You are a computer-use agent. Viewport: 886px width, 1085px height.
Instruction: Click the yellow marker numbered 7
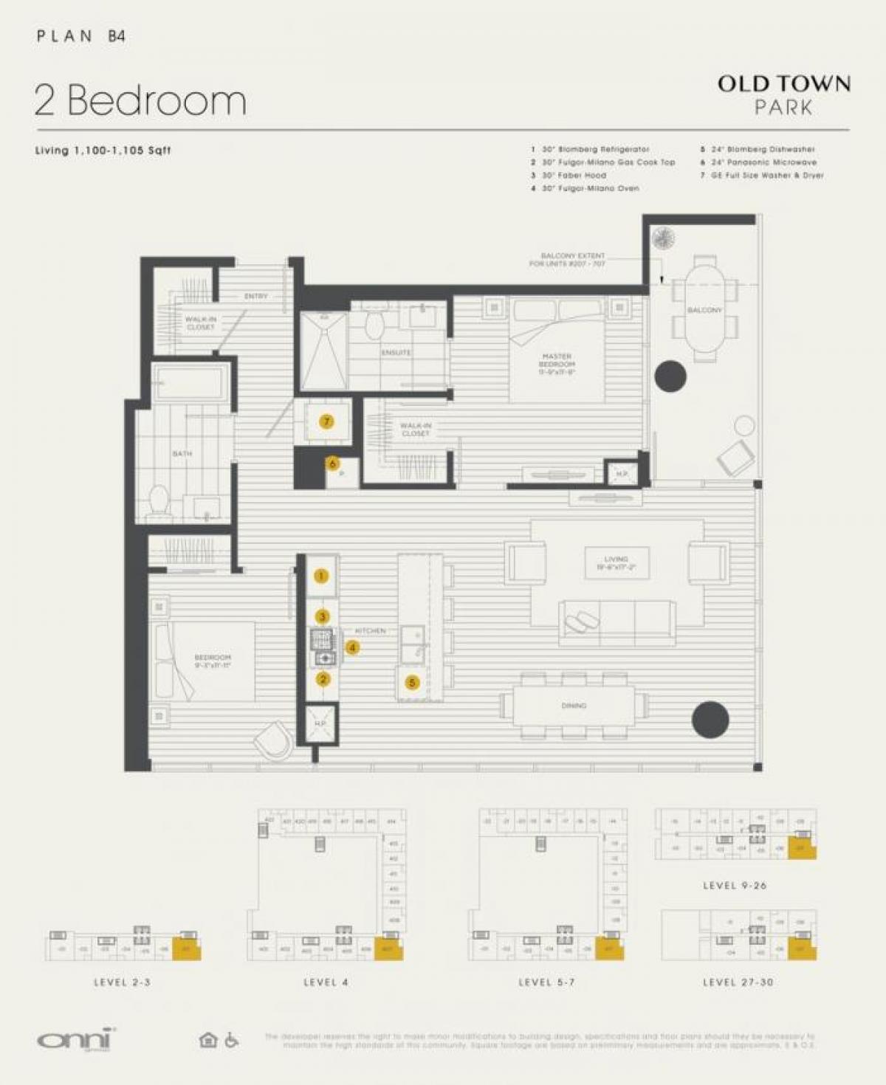click(x=326, y=421)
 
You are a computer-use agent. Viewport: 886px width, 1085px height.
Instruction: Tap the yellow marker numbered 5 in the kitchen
click(x=412, y=683)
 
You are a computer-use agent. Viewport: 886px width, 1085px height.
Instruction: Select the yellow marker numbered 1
click(x=321, y=576)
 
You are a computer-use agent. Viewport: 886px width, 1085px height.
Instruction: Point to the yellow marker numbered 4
click(x=353, y=647)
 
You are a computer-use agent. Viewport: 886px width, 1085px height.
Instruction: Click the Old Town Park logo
click(x=783, y=94)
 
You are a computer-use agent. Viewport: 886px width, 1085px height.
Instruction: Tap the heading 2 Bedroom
click(x=140, y=100)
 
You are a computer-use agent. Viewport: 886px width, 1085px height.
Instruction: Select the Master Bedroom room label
click(x=556, y=364)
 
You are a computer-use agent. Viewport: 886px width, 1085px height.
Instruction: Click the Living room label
click(x=616, y=563)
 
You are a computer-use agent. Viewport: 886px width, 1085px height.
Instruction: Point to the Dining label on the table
click(x=574, y=706)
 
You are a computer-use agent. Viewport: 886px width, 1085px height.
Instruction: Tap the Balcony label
click(x=704, y=310)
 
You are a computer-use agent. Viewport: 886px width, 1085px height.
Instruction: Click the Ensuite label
click(x=396, y=353)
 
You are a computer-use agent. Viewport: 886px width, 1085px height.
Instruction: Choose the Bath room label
click(x=182, y=453)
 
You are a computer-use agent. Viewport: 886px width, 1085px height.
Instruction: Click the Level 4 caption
click(x=326, y=982)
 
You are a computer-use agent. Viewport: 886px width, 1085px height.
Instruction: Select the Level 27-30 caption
click(x=738, y=982)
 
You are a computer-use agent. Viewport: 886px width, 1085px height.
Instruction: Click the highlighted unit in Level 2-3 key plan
click(x=186, y=949)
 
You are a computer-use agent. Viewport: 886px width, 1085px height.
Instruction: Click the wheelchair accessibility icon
click(x=231, y=1040)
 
